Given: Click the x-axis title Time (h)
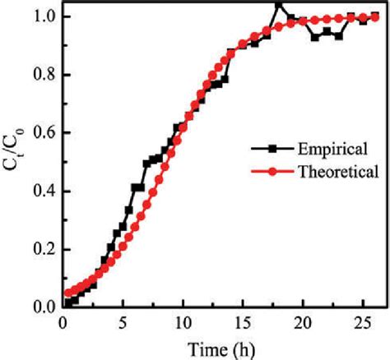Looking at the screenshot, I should [x=219, y=348].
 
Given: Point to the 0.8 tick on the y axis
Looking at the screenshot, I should [x=44, y=75].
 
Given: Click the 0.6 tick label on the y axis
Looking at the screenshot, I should [x=44, y=133].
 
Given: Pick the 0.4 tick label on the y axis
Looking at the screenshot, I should [x=44, y=191].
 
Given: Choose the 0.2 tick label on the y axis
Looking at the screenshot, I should [x=44, y=249].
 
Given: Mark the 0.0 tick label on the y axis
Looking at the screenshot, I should [x=44, y=307].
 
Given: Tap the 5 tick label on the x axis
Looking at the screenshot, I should [x=123, y=322].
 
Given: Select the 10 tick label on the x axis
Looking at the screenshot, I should [x=183, y=322].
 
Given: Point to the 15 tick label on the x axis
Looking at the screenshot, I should [x=244, y=322].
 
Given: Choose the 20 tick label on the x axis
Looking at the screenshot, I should [x=304, y=322].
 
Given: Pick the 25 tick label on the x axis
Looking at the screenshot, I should [x=364, y=322].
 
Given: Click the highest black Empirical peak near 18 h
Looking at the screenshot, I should [x=279, y=5].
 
